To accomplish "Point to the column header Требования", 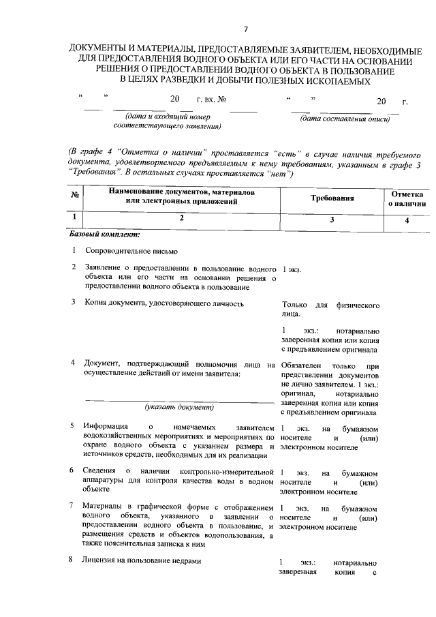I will pyautogui.click(x=332, y=198).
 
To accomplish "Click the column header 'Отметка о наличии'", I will pyautogui.click(x=407, y=198).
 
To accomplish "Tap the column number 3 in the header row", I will pyautogui.click(x=332, y=220).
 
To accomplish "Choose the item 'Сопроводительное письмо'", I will pyautogui.click(x=130, y=251).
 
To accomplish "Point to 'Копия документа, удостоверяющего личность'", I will pyautogui.click(x=163, y=303).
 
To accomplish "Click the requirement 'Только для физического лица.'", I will pyautogui.click(x=329, y=309).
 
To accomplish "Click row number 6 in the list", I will pyautogui.click(x=74, y=471).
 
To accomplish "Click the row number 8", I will pyautogui.click(x=74, y=560).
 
